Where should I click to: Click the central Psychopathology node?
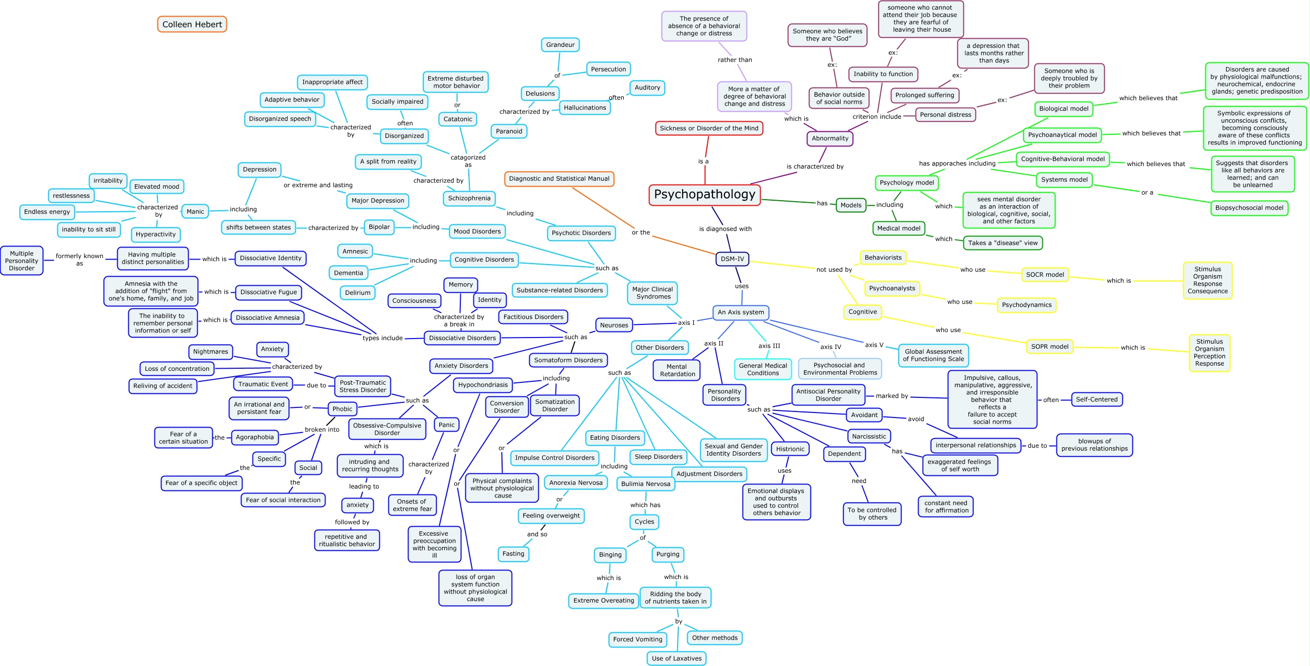pos(704,195)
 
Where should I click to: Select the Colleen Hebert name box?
pos(192,25)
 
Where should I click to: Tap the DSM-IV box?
pos(732,259)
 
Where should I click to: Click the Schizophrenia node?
pos(469,198)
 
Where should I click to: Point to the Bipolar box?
pos(379,227)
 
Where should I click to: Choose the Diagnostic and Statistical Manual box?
pos(559,179)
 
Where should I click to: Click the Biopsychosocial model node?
pos(1249,208)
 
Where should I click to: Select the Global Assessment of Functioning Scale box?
pos(933,355)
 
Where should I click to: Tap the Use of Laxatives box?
pos(676,658)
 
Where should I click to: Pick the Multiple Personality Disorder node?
pos(22,261)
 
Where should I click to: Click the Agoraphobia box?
pos(255,437)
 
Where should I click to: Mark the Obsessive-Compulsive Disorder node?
pos(387,429)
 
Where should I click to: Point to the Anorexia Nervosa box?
pos(576,482)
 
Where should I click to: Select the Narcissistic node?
pos(869,436)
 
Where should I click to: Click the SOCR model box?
pos(1044,275)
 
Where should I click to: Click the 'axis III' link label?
pos(769,346)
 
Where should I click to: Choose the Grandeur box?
pos(560,45)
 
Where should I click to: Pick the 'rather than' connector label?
pos(734,60)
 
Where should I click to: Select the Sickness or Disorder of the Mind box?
pos(708,129)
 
